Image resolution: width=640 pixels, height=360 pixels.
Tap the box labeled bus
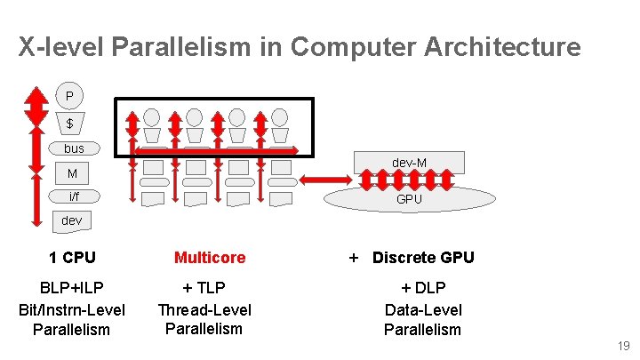(x=74, y=148)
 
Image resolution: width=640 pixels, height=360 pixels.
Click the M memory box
(x=72, y=173)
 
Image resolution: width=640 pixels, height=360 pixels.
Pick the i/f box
(x=73, y=196)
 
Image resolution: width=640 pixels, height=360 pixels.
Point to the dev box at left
(x=72, y=220)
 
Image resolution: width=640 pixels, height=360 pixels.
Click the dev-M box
(x=409, y=162)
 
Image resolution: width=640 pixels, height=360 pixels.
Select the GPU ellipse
(x=409, y=199)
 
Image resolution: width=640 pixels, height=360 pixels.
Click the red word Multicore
(x=210, y=258)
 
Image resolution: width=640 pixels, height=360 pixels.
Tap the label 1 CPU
(x=72, y=258)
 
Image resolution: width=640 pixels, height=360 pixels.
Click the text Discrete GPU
(x=423, y=258)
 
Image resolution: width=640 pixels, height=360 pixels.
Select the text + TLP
(x=204, y=288)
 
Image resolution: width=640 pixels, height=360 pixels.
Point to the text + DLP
(x=423, y=288)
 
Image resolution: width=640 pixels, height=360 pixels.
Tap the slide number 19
(x=622, y=346)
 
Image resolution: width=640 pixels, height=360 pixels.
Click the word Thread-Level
(x=204, y=310)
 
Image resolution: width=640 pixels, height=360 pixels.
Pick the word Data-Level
(x=423, y=310)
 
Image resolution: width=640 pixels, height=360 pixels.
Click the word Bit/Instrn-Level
(x=72, y=310)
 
